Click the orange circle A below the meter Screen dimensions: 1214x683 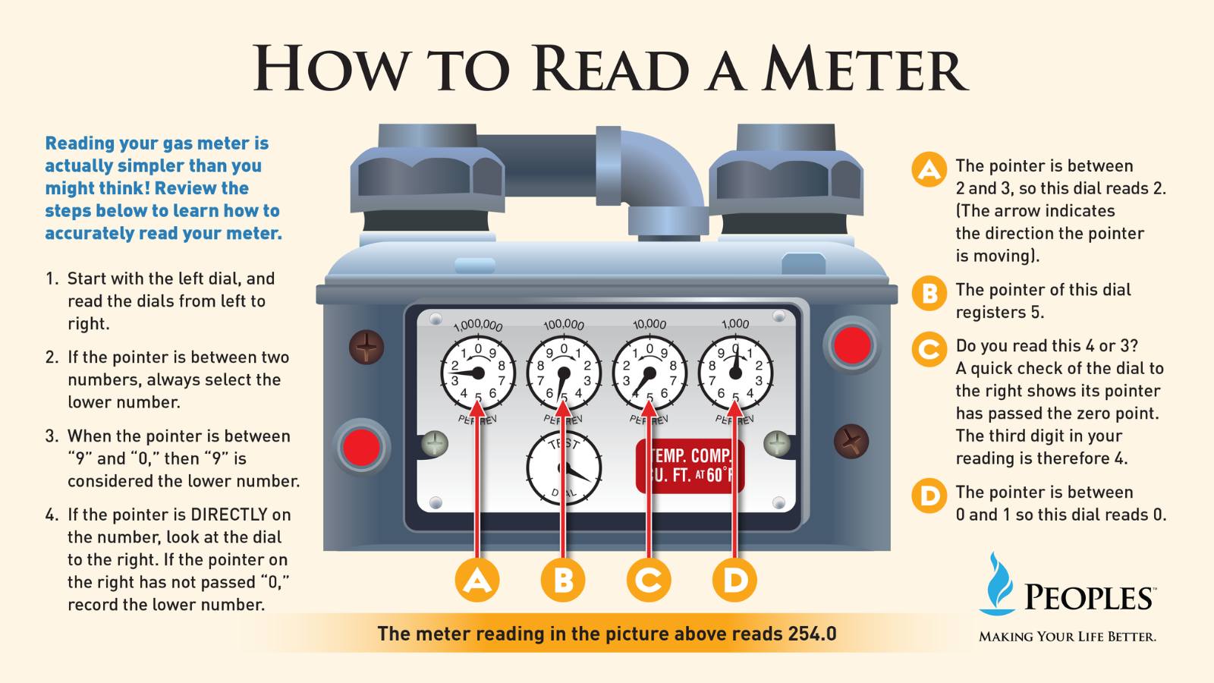pyautogui.click(x=477, y=580)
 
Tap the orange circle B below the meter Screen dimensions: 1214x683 pyautogui.click(x=563, y=580)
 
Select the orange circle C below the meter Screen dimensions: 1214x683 pyautogui.click(x=649, y=580)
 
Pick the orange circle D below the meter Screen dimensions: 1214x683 pyautogui.click(x=735, y=580)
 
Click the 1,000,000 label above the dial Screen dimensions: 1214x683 pyautogui.click(x=478, y=326)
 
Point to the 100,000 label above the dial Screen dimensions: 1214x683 pyautogui.click(x=564, y=324)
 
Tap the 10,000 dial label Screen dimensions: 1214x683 pyautogui.click(x=649, y=324)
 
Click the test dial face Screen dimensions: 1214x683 pyautogui.click(x=564, y=468)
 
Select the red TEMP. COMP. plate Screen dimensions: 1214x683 pyautogui.click(x=690, y=466)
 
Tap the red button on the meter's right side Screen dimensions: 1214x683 pyautogui.click(x=852, y=345)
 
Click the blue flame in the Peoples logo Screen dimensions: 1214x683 pyautogui.click(x=996, y=584)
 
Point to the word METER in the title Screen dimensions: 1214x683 pyautogui.click(x=866, y=69)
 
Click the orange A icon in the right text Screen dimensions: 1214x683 pyautogui.click(x=929, y=170)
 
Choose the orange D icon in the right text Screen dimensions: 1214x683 pyautogui.click(x=929, y=496)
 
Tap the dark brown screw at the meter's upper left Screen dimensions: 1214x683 pyautogui.click(x=366, y=348)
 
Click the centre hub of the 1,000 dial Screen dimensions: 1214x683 pyautogui.click(x=735, y=373)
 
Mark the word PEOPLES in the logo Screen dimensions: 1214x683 pyautogui.click(x=1088, y=599)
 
